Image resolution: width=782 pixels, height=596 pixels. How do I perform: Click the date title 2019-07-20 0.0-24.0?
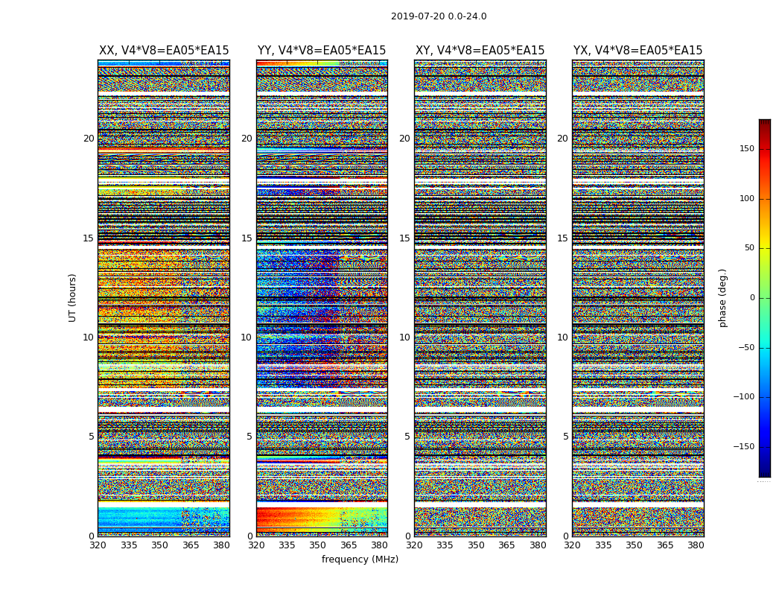(439, 16)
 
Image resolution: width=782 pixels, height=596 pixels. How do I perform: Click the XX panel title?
(164, 51)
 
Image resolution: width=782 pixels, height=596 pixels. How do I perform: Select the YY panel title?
(322, 51)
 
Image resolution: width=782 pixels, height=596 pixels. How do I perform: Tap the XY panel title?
(480, 51)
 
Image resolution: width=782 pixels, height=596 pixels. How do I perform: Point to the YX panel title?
(638, 51)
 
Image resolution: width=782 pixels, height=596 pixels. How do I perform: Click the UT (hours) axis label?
(73, 297)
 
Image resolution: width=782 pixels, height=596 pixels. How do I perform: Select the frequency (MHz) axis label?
(360, 559)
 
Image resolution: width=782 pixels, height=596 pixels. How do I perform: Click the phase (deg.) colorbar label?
(722, 298)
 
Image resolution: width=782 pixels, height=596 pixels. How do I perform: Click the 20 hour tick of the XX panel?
(89, 139)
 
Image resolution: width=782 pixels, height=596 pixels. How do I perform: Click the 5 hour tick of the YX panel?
(565, 437)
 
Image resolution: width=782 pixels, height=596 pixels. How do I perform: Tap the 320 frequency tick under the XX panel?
(98, 545)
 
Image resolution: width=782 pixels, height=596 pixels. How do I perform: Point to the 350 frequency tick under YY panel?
(317, 545)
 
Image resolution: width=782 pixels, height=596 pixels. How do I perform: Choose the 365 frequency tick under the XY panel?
(506, 545)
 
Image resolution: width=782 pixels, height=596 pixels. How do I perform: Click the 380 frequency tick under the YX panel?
(696, 545)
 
